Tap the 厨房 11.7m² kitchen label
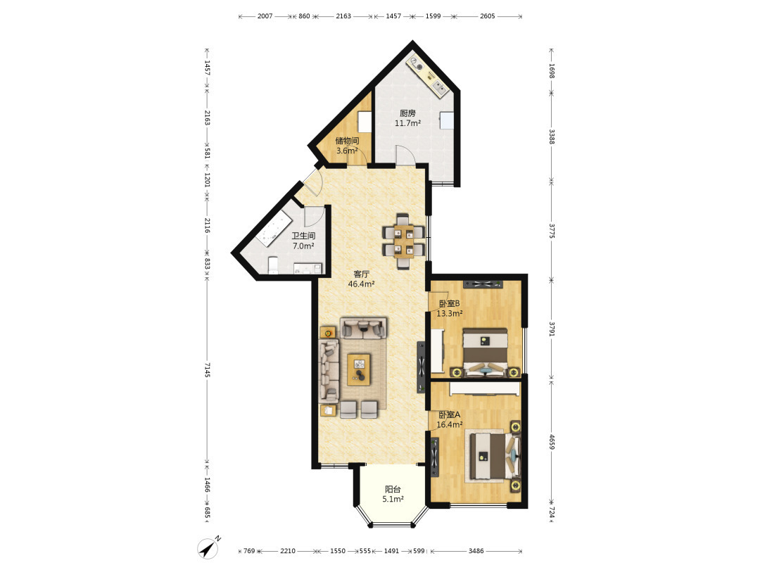407,118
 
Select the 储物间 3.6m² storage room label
347,146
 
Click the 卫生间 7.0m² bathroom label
303,241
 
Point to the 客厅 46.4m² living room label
361,279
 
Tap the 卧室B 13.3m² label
449,308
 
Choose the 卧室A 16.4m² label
449,419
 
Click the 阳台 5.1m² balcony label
393,495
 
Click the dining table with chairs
404,241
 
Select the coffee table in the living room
359,369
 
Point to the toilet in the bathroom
273,265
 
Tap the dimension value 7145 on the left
207,370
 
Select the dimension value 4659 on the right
552,441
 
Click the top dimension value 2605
488,16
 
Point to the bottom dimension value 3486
476,551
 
